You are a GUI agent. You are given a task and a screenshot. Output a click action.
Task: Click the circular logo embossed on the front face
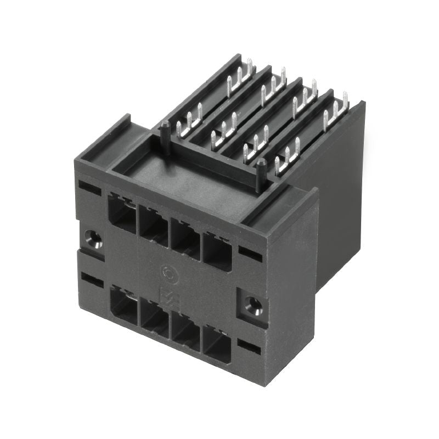(x=168, y=272)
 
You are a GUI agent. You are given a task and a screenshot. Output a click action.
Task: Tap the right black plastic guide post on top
(x=261, y=175)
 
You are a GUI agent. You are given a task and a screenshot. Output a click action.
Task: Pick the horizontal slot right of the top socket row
(x=250, y=254)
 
